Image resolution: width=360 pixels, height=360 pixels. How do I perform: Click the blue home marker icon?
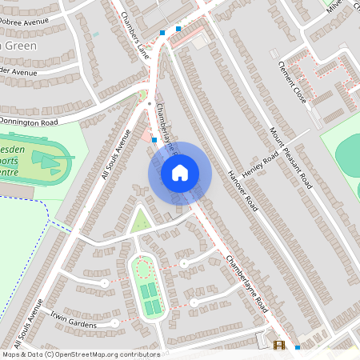tap(180, 172)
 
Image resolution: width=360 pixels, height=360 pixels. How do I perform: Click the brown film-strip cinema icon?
tap(279, 346)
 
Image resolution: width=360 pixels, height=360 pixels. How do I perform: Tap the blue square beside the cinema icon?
tap(298, 347)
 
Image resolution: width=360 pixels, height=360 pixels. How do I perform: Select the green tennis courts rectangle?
tap(150, 299)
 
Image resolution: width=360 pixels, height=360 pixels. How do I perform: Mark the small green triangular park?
tap(140, 219)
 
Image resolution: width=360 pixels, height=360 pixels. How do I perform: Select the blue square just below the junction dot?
tap(154, 139)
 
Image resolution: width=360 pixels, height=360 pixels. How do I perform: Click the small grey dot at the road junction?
tap(149, 105)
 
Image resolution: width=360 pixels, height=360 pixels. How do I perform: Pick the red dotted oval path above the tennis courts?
tap(142, 268)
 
